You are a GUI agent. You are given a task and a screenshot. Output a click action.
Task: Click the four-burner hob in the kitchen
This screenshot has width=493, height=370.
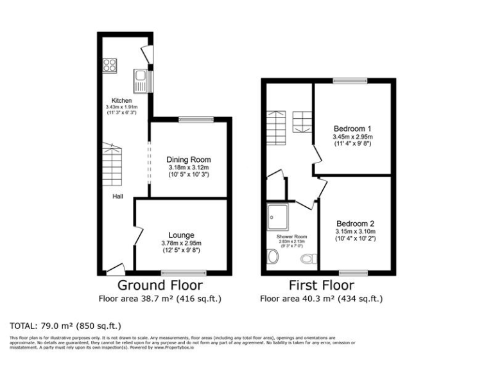pos(110,66)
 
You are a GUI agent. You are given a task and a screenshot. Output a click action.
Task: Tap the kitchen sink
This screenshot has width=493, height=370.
pos(141,80)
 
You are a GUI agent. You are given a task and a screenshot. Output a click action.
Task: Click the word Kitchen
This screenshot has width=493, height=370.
pos(122,101)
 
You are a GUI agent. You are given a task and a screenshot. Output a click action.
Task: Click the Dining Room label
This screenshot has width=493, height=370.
pos(189,160)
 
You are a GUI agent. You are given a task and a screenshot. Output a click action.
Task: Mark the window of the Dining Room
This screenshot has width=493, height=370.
pos(196,119)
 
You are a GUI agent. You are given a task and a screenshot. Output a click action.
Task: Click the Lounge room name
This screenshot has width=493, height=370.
pos(182,235)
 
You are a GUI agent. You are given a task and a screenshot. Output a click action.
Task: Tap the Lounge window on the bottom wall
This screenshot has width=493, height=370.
pos(180,273)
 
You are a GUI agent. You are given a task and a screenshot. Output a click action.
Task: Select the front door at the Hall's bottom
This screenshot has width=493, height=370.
pos(116,269)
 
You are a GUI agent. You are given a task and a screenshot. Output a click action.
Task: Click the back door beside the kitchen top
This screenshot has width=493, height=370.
pos(148,55)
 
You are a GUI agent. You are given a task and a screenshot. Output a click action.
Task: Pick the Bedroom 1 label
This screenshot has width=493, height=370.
pos(352,128)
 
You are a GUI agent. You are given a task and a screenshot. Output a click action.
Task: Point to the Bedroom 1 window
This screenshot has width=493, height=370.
pos(350,81)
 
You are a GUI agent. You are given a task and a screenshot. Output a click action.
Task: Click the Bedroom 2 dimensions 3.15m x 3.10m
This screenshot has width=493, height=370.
pos(355,231)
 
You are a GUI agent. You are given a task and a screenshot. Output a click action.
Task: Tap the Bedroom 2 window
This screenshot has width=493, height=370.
pos(354,273)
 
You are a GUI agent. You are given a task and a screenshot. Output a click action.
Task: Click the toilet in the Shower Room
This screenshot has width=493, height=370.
pos(309,259)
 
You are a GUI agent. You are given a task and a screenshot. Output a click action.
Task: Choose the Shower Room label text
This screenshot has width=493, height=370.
pos(291,236)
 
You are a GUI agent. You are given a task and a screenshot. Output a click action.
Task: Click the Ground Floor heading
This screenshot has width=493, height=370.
pos(160,285)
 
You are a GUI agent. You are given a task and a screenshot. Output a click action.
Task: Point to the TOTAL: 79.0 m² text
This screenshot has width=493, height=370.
pos(65,326)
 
